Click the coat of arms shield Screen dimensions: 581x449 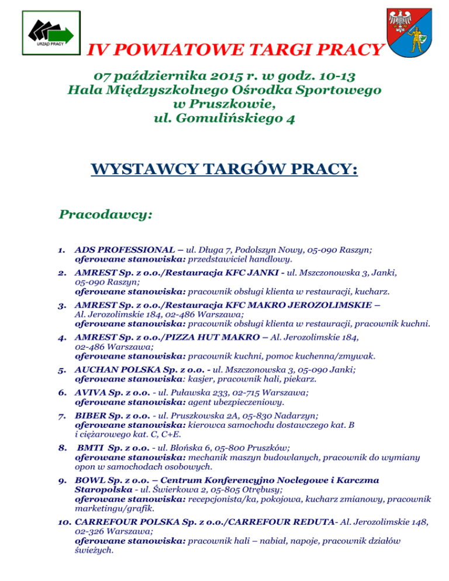tap(409, 32)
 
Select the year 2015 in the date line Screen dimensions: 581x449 tap(209, 77)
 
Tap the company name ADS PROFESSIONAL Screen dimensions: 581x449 tap(120, 250)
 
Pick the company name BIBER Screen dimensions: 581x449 tap(91, 416)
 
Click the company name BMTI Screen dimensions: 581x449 tap(93, 448)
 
